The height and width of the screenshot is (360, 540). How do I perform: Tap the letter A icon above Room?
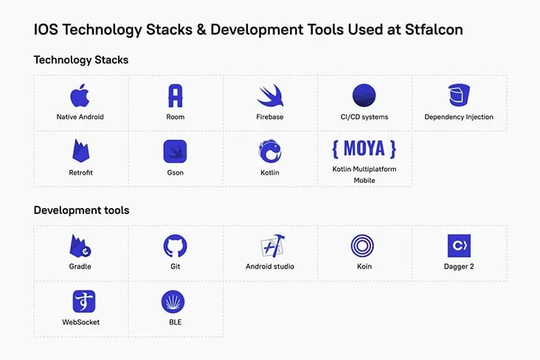coord(176,95)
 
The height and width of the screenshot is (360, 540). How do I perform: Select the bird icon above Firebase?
coord(270,95)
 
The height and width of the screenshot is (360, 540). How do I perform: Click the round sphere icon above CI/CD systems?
coord(364,95)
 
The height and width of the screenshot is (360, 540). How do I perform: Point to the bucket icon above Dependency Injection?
coord(459,95)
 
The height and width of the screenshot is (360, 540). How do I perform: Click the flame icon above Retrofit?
coord(81,150)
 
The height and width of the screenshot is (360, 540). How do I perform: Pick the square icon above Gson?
coord(175,151)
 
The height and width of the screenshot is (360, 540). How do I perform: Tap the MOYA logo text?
coord(364,149)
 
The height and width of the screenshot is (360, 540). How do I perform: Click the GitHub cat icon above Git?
coord(175,246)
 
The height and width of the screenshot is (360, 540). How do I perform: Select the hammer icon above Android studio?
coord(272,246)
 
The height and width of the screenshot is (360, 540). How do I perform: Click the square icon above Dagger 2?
coord(459,246)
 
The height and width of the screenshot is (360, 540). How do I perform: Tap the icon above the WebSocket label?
coord(84,302)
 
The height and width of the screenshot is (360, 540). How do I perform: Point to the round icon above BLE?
coord(173,302)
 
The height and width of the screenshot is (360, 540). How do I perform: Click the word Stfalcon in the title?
coord(434,30)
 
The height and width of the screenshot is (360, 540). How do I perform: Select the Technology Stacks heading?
coord(81,60)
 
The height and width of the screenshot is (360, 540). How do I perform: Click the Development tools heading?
coord(82,210)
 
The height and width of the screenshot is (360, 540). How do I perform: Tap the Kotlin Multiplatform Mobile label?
coord(364,175)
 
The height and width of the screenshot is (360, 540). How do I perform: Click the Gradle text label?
coord(80,266)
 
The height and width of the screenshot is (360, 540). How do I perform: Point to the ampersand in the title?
coord(201,30)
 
